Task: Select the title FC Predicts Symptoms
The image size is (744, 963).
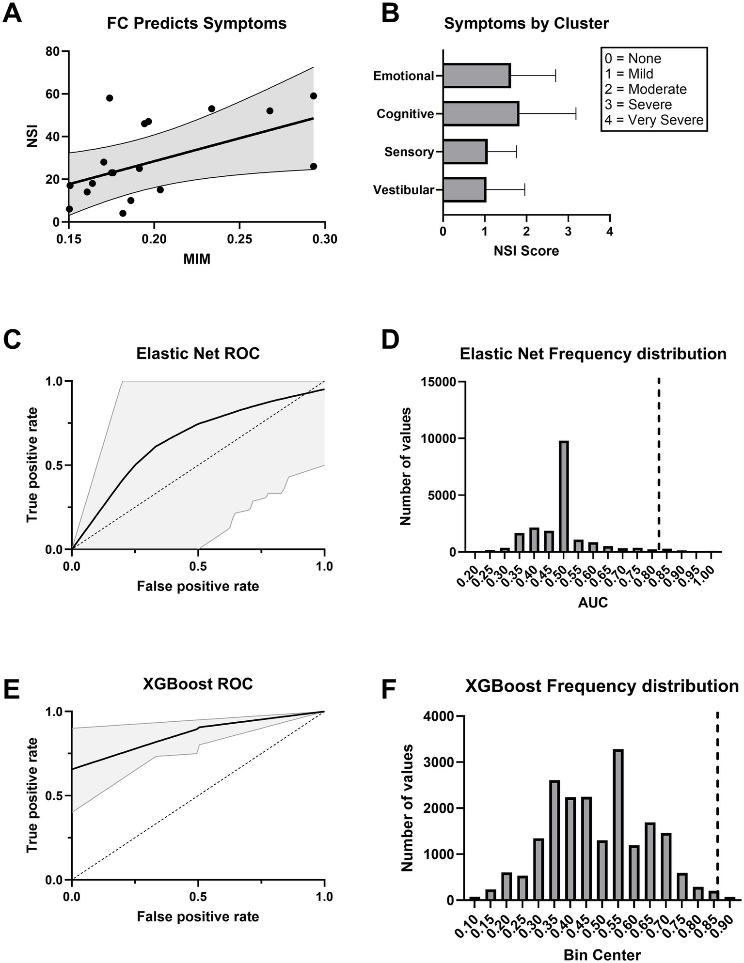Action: (x=197, y=23)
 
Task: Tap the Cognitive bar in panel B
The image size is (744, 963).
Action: (x=480, y=114)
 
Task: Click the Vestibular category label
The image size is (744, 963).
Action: (x=403, y=190)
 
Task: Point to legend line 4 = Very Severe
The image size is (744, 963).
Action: (x=654, y=120)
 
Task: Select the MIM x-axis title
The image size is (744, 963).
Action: (x=197, y=259)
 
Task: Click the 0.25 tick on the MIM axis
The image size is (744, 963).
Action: (x=239, y=239)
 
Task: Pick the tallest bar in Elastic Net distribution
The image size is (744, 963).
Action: (x=564, y=496)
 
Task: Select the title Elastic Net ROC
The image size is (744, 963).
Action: (x=198, y=353)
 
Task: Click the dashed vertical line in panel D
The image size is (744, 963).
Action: (x=659, y=465)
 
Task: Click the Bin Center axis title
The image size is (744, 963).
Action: (x=602, y=954)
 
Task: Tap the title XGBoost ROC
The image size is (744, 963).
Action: (x=198, y=683)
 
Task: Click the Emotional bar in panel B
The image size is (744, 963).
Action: (x=476, y=76)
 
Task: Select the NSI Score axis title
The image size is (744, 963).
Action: (x=526, y=251)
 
